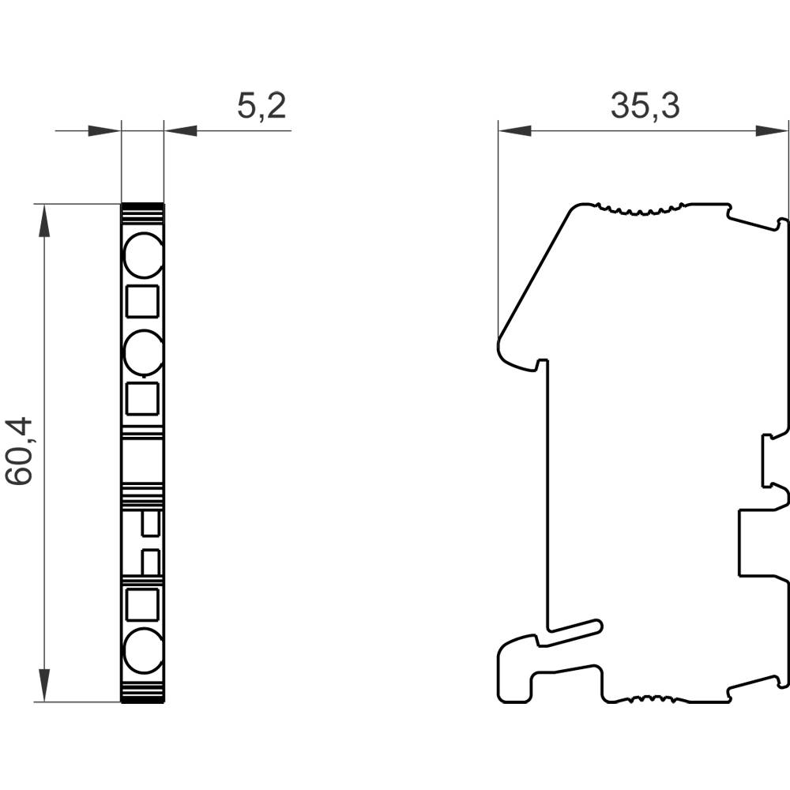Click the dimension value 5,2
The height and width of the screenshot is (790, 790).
click(261, 105)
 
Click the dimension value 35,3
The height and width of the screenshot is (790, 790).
click(645, 105)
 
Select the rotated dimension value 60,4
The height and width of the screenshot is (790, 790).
click(19, 452)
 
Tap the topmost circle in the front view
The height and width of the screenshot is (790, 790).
click(143, 255)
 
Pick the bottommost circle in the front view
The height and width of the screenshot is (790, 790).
click(143, 649)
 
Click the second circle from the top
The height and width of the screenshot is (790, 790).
click(143, 352)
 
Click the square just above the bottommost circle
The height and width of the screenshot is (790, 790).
click(143, 604)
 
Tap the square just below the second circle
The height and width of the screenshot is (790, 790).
click(143, 400)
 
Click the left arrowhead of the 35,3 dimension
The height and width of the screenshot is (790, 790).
click(513, 130)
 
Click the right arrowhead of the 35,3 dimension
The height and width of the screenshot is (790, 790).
click(773, 130)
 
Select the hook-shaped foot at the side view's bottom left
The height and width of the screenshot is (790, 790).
click(517, 671)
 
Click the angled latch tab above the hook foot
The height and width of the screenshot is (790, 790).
click(573, 629)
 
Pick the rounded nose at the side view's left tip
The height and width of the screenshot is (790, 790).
click(501, 346)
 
